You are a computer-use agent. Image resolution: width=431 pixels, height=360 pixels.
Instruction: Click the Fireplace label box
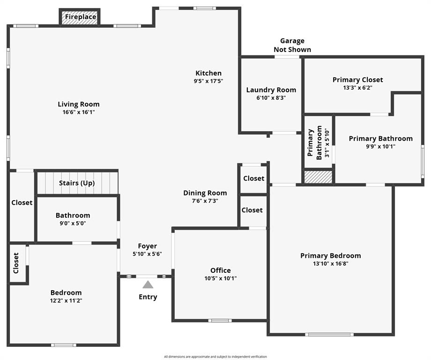point(80,17)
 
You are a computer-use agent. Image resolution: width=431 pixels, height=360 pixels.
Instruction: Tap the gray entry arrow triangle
point(148,284)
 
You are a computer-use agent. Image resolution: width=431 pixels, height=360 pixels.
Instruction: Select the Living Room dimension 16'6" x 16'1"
point(79,112)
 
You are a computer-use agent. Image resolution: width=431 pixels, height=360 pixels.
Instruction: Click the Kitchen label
point(208,73)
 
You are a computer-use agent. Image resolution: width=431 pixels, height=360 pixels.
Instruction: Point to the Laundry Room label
point(271,90)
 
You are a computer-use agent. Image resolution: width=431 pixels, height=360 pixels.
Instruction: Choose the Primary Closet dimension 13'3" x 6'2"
point(357,87)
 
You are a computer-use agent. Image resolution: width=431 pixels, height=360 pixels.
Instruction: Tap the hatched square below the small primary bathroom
point(318,177)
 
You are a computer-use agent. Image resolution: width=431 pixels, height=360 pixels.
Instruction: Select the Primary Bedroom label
point(330,255)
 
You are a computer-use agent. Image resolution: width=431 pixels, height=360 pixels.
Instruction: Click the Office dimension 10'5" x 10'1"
point(220,278)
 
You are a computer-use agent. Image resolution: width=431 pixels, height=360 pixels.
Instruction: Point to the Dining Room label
point(205,193)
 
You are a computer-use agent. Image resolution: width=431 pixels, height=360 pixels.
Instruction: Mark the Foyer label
point(147,246)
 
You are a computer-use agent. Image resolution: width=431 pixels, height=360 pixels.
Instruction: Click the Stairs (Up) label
point(77,183)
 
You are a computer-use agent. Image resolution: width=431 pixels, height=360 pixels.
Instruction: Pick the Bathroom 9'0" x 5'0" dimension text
point(73,223)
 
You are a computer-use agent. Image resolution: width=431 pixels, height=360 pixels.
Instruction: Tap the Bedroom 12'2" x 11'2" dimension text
point(66,300)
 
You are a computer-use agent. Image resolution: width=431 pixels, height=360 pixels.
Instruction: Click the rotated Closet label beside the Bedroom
point(16,263)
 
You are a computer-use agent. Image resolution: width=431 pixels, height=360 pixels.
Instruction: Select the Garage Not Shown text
point(292,45)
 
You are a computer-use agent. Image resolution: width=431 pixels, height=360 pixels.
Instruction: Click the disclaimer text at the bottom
point(215,357)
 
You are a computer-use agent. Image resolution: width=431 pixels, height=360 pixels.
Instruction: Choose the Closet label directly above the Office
point(252,210)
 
